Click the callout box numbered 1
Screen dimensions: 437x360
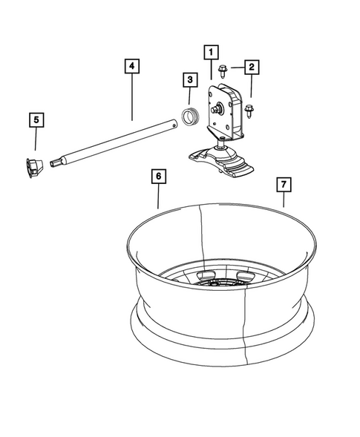[x=212, y=52]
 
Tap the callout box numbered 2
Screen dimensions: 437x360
[x=252, y=68]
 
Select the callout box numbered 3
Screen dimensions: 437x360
[x=189, y=79]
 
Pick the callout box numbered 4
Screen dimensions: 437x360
[x=131, y=67]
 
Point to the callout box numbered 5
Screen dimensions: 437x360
[x=34, y=119]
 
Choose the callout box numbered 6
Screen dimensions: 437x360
[x=158, y=177]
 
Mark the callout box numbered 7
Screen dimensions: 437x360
[x=282, y=183]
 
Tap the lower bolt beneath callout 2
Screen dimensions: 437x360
[x=249, y=111]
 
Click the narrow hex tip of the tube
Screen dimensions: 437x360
[x=55, y=162]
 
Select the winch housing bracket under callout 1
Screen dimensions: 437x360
[x=227, y=111]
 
